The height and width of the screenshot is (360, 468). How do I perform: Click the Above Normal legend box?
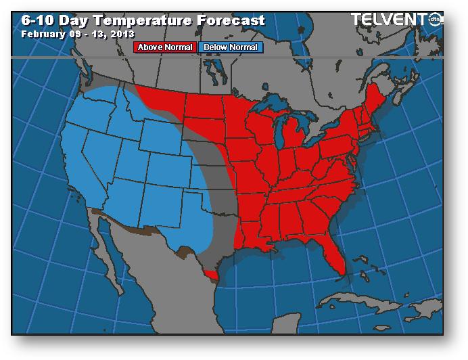tap(166, 47)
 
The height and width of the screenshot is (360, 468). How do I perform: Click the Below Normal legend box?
tap(230, 47)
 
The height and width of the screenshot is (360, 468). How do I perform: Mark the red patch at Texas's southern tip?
tap(213, 275)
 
